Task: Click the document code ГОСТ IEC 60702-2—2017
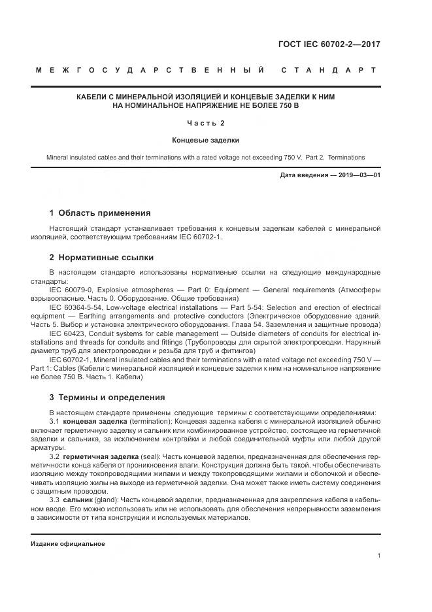[x=329, y=45]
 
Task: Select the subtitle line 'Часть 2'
[x=206, y=123]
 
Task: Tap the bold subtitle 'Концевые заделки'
[x=206, y=140]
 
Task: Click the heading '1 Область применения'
[x=100, y=212]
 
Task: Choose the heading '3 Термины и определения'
[x=107, y=397]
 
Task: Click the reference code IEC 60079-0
[x=71, y=288]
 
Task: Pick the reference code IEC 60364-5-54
[x=76, y=306]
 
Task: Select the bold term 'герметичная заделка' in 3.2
[x=97, y=456]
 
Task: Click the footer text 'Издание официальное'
[x=68, y=543]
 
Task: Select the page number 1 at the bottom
[x=379, y=556]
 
